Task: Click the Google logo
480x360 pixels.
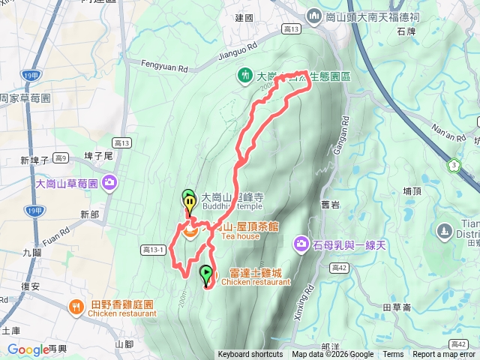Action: pyautogui.click(x=28, y=349)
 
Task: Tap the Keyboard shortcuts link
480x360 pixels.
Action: pyautogui.click(x=250, y=355)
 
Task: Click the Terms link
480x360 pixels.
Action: pyautogui.click(x=393, y=355)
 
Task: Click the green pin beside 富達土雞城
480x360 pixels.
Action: pyautogui.click(x=206, y=275)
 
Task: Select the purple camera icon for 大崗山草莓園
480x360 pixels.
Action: pyautogui.click(x=110, y=182)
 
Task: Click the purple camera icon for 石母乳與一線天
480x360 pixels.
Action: pyautogui.click(x=301, y=243)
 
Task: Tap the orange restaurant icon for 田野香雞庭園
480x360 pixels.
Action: pyautogui.click(x=76, y=306)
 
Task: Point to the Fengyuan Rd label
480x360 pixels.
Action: pyautogui.click(x=163, y=66)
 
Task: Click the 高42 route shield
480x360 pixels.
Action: pyautogui.click(x=339, y=267)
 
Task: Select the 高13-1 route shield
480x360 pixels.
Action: pyautogui.click(x=152, y=250)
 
